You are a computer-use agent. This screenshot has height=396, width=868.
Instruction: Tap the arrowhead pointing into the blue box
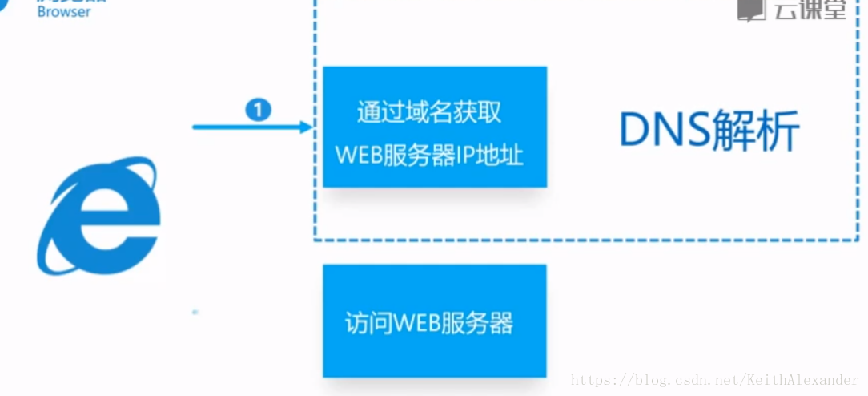pyautogui.click(x=306, y=127)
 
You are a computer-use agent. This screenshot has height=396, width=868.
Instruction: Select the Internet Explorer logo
pyautogui.click(x=98, y=216)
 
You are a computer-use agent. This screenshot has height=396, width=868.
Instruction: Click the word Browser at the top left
pyautogui.click(x=64, y=12)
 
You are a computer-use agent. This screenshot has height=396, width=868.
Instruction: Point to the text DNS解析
pyautogui.click(x=709, y=131)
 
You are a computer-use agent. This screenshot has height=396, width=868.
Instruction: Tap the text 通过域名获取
pyautogui.click(x=429, y=112)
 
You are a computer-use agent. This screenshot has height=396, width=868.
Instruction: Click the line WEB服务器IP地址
pyautogui.click(x=429, y=154)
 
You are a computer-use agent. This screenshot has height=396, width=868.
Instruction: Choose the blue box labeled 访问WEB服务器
pyautogui.click(x=434, y=321)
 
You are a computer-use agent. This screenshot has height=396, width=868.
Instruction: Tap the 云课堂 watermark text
pyautogui.click(x=810, y=9)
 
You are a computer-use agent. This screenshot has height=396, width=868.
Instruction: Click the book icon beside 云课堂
pyautogui.click(x=751, y=9)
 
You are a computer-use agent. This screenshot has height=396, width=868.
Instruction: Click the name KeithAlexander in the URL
pyautogui.click(x=803, y=380)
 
